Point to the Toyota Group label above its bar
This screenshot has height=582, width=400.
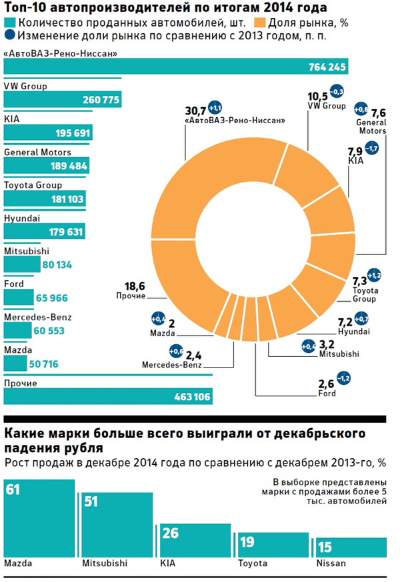pyautogui.click(x=33, y=186)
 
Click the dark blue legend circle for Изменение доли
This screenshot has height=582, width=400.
pyautogui.click(x=11, y=35)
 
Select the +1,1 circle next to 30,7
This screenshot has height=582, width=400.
pyautogui.click(x=215, y=107)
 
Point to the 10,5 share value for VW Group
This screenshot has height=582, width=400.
pyautogui.click(x=317, y=95)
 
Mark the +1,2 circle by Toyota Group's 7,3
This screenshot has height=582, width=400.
pyautogui.click(x=374, y=275)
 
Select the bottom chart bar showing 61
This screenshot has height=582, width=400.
pyautogui.click(x=39, y=519)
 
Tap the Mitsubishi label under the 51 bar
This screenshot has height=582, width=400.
pyautogui.click(x=104, y=563)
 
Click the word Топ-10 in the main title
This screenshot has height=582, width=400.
pyautogui.click(x=26, y=8)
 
